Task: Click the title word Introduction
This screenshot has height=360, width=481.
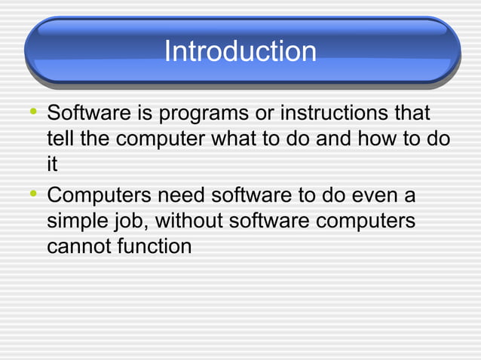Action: (x=240, y=51)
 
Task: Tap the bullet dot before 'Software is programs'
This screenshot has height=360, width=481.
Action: (x=31, y=114)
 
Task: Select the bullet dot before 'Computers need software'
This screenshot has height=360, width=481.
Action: (x=31, y=196)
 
